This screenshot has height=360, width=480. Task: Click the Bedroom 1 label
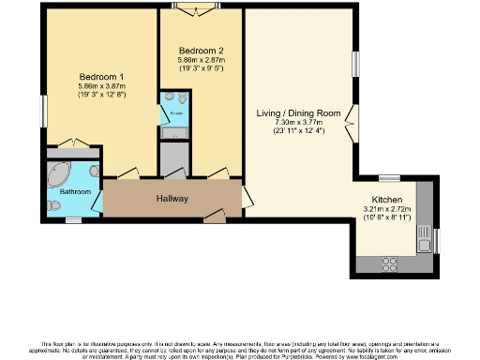[x=101, y=75]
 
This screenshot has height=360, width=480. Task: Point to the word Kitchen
[x=387, y=199]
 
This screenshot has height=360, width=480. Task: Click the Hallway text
[x=172, y=199]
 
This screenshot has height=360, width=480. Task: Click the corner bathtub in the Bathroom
[x=58, y=173]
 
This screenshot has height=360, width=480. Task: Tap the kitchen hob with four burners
[x=386, y=263]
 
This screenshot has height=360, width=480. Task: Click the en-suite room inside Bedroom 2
[x=174, y=112]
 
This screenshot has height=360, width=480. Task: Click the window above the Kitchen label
[x=389, y=177]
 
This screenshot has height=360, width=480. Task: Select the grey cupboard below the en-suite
[x=174, y=159]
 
